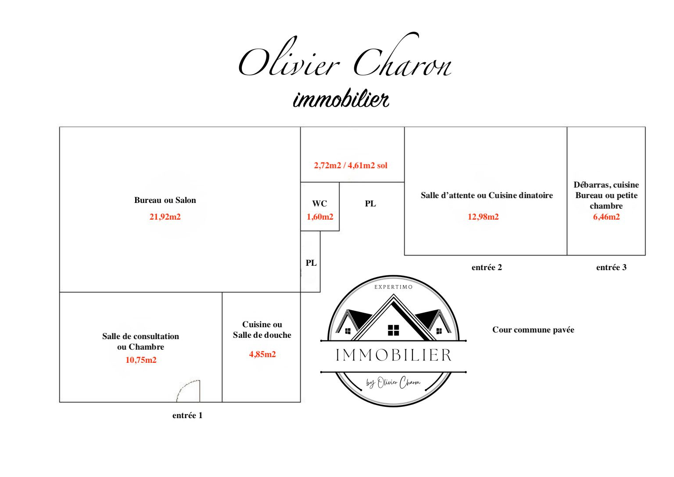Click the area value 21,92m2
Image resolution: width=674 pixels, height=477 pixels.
click(165, 217)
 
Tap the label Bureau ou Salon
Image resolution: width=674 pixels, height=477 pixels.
click(165, 200)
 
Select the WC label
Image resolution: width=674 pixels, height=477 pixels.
click(319, 203)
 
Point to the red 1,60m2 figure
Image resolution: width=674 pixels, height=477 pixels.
click(320, 217)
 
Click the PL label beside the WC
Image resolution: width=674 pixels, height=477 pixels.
click(370, 203)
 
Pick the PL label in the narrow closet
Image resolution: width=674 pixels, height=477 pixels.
click(311, 263)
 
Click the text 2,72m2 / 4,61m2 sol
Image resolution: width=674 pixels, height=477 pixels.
click(351, 165)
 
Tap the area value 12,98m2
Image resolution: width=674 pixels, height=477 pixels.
click(483, 217)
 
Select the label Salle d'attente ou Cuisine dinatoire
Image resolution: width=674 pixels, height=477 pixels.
click(487, 195)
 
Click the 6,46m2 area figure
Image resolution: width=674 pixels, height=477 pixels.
click(606, 217)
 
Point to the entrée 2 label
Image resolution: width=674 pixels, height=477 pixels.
click(487, 267)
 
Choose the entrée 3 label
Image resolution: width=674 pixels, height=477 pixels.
click(611, 267)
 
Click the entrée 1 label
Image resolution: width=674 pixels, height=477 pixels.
click(187, 416)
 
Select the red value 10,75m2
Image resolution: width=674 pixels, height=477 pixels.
click(141, 360)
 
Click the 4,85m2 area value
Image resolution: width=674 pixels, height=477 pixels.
click(262, 354)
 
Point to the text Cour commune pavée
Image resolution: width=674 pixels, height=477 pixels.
click(533, 330)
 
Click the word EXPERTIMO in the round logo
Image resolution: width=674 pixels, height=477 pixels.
click(393, 287)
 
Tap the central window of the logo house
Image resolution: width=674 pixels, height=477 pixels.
click(393, 330)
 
